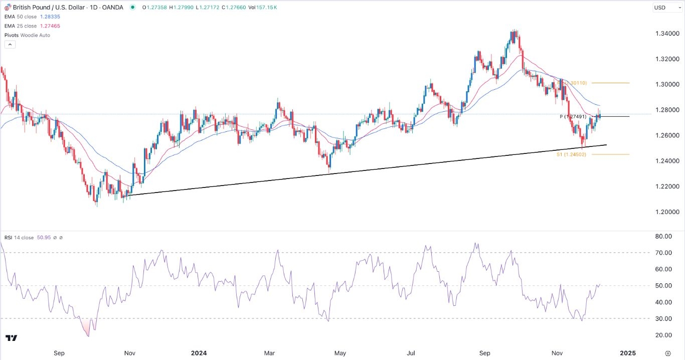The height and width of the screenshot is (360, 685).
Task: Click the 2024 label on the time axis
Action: [x=199, y=353]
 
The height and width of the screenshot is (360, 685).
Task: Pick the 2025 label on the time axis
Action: [x=627, y=353]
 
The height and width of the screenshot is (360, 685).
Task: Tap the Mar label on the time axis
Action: [x=270, y=353]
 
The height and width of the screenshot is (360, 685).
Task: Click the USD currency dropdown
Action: [x=665, y=8]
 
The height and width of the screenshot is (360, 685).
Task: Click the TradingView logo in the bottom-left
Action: [x=11, y=338]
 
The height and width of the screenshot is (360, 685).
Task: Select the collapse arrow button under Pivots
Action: [x=10, y=45]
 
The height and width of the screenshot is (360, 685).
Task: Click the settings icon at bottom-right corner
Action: [x=667, y=353]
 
